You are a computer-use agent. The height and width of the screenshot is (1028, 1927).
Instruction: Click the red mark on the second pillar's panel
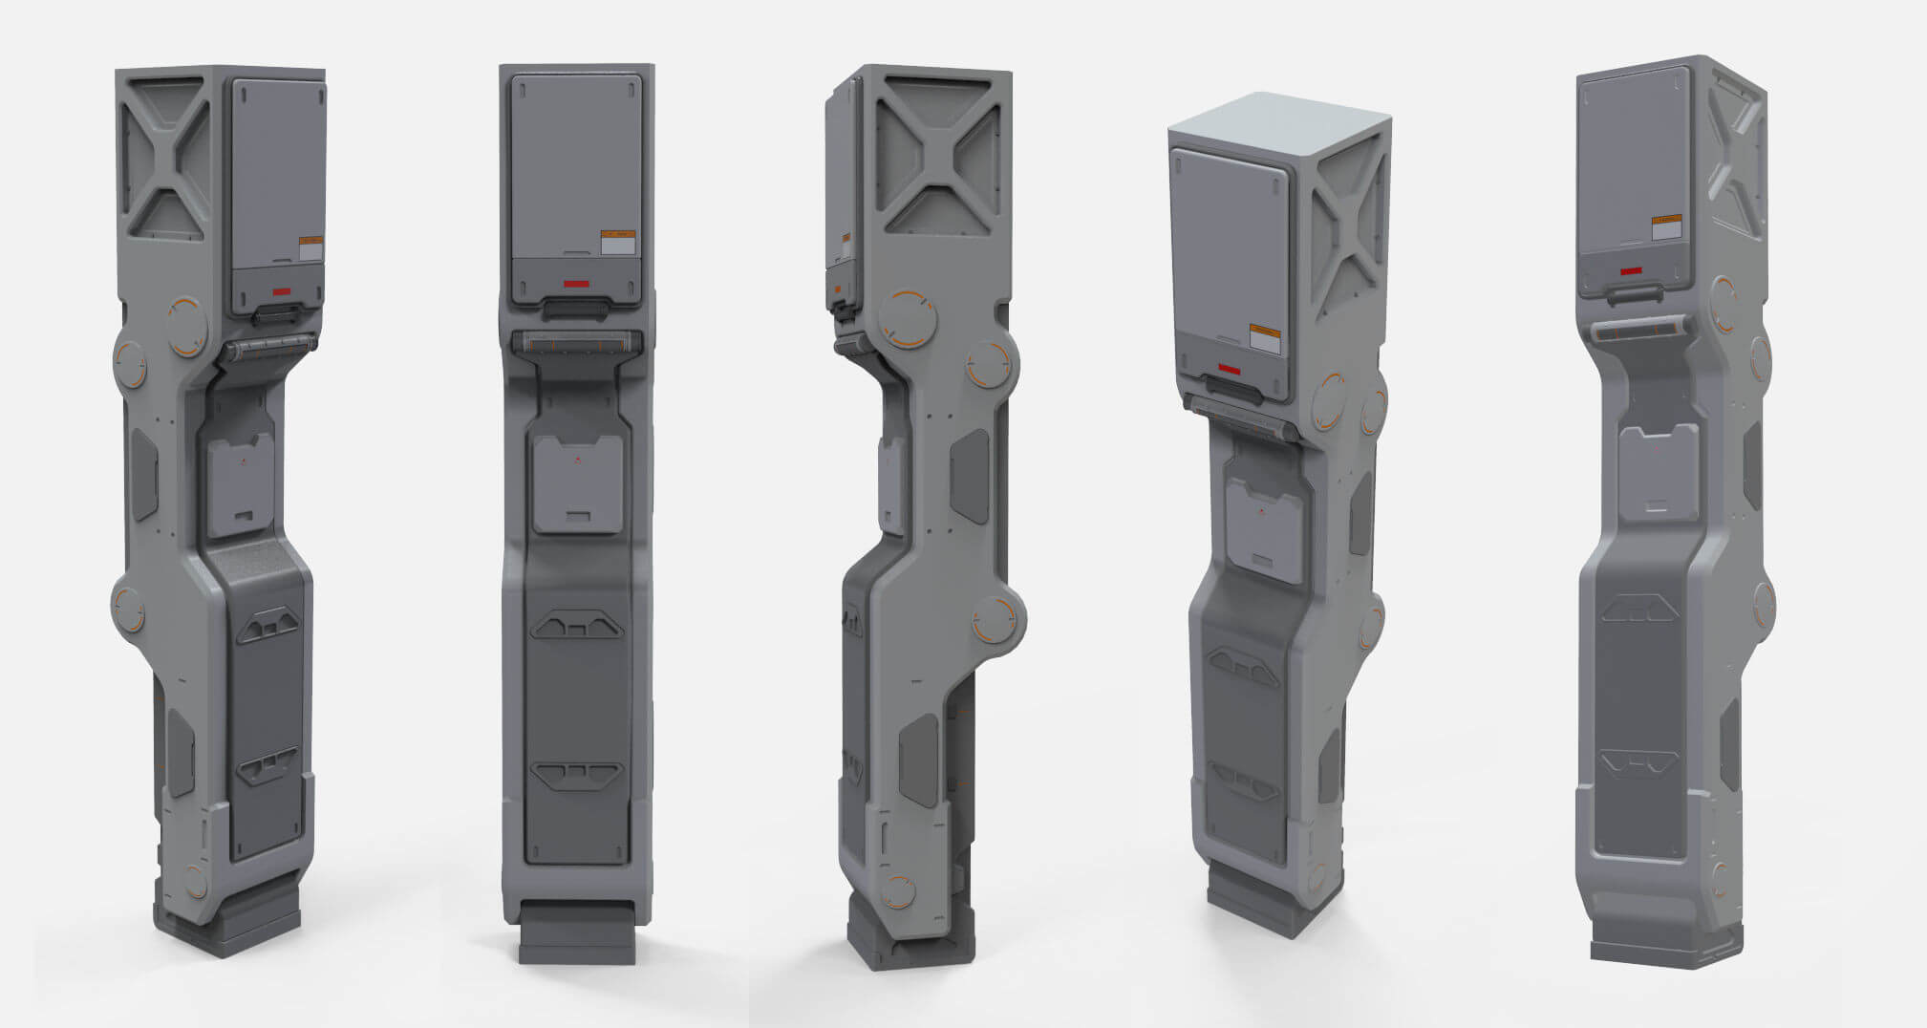tap(575, 284)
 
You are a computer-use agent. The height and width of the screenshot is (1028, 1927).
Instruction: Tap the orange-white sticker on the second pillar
tap(618, 242)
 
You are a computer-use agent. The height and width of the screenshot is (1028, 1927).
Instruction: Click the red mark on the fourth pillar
tap(1229, 369)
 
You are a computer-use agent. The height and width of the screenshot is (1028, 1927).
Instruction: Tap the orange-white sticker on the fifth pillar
tap(1667, 227)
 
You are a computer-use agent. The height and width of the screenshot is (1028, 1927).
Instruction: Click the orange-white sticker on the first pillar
tap(311, 248)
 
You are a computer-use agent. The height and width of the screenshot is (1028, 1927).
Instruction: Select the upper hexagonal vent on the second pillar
tap(576, 627)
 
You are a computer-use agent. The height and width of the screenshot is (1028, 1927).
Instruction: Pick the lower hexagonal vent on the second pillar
tap(576, 774)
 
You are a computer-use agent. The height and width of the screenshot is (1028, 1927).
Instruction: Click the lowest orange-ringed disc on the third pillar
tap(896, 890)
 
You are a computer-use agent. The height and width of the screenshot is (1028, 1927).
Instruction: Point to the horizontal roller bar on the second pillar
tap(576, 342)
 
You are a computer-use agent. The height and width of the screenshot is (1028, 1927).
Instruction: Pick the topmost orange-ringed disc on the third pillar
tap(906, 318)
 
